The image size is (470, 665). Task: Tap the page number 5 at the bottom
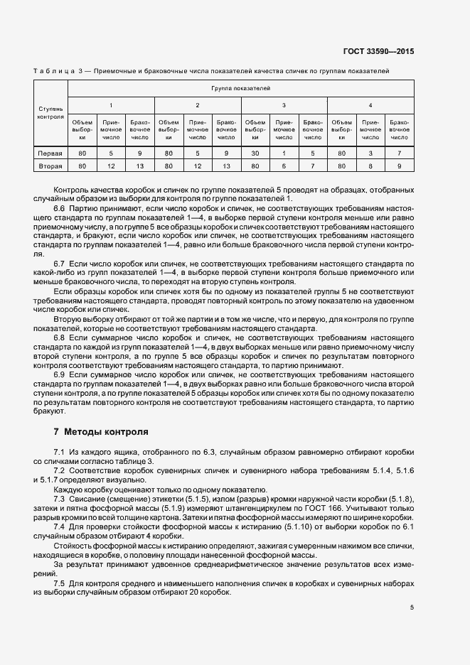tap(412, 607)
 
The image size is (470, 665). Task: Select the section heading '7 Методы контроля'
tap(101, 431)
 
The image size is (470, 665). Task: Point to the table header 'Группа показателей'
tap(241, 89)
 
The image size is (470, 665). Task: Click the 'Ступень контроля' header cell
tap(51, 112)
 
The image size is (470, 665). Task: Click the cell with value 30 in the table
tap(255, 153)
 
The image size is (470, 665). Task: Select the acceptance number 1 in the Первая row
tap(284, 153)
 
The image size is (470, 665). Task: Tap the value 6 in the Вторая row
tap(284, 166)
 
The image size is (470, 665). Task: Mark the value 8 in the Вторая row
tap(370, 166)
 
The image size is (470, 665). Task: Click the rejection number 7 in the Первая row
tap(400, 153)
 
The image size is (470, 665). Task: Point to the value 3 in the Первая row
tap(370, 153)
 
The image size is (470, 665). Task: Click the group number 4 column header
tap(370, 105)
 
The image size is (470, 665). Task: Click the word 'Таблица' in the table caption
tap(54, 71)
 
